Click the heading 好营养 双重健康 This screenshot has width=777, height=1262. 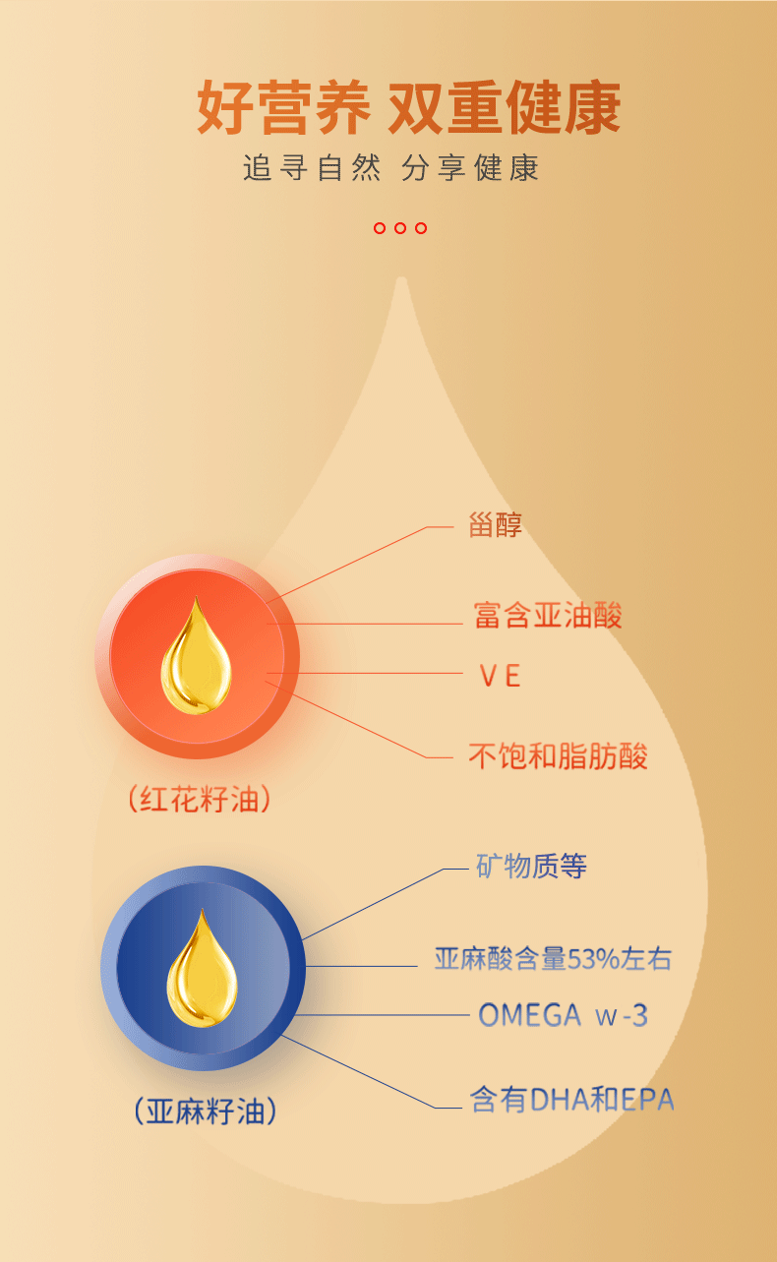coord(408,108)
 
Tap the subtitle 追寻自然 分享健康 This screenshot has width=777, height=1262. coord(390,168)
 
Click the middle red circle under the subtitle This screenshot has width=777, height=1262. coord(400,228)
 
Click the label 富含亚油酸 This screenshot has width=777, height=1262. coord(548,616)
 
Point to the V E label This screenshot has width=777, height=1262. coord(499,676)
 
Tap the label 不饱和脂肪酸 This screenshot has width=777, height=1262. coord(558,756)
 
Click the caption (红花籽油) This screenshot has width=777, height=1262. coord(199,800)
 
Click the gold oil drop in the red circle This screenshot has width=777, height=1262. coord(197,656)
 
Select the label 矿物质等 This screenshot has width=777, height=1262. coord(531,867)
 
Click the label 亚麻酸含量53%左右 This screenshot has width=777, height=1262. coord(553,958)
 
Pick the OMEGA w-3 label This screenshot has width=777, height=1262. coord(563,1015)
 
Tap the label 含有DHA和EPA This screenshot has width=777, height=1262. coord(572,1099)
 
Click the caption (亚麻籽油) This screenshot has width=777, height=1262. coord(205,1112)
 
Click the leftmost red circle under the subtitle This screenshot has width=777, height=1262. coord(380,228)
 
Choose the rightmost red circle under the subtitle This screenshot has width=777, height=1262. coord(421,228)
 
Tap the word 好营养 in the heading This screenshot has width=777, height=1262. coord(283,108)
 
